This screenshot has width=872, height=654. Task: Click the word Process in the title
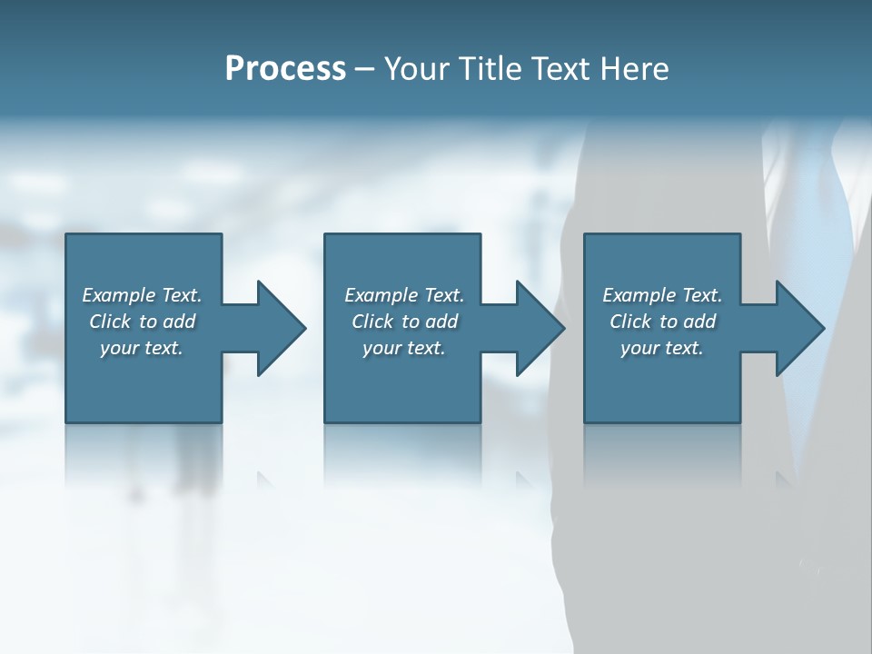pyautogui.click(x=285, y=69)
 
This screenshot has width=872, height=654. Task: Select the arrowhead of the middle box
pyautogui.click(x=539, y=328)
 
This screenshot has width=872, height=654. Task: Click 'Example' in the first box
pyautogui.click(x=119, y=295)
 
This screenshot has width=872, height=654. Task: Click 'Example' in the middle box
pyautogui.click(x=381, y=295)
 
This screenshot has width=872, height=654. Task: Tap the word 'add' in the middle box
pyautogui.click(x=441, y=322)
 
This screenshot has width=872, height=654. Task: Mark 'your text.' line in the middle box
pyautogui.click(x=404, y=348)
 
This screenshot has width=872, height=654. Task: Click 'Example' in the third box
pyautogui.click(x=639, y=295)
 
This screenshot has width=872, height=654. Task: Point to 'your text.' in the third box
pyautogui.click(x=662, y=348)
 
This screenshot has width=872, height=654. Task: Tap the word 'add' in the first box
pyautogui.click(x=179, y=322)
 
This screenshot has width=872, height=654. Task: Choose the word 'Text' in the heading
pyautogui.click(x=560, y=69)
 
